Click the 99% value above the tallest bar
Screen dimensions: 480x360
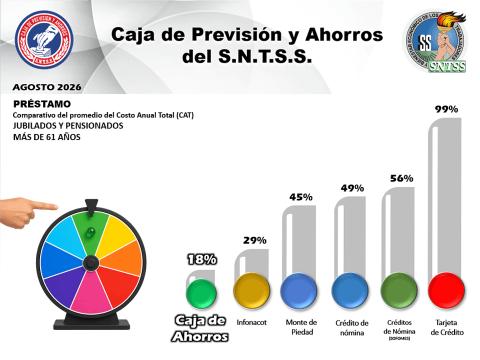pos(446,109)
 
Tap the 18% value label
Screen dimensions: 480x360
pos(202,259)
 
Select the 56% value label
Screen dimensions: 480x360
pos(401,178)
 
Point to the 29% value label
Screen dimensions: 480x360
pos(254,240)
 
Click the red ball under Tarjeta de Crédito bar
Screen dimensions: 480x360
pos(446,290)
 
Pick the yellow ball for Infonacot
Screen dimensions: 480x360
pos(251,290)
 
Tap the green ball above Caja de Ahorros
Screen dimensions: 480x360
pos(201,293)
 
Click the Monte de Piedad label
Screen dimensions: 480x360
pos(301,327)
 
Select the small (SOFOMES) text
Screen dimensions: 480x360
pos(399,338)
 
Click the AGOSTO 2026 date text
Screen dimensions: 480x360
pos(47,87)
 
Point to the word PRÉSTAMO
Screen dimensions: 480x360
pos(42,104)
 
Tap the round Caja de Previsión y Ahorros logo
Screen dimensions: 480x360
pos(44,39)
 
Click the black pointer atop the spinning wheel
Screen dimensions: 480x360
pos(91,207)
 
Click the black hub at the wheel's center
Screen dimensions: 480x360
pos(91,262)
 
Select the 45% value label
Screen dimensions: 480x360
pos(301,197)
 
